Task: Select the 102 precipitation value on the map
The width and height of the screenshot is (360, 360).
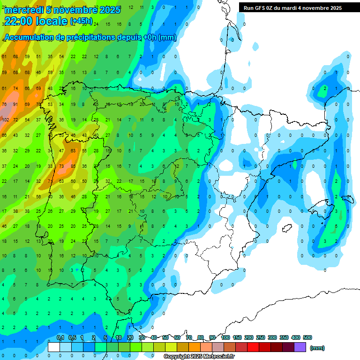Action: coord(5,120)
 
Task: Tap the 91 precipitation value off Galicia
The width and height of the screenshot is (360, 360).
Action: coord(15,105)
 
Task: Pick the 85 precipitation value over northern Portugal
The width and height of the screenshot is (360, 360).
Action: coord(73,166)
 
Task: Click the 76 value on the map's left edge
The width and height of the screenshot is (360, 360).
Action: coord(4,105)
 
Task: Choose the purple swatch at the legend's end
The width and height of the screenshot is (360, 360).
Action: coord(300,347)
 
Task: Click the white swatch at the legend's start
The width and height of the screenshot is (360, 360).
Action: coord(54,347)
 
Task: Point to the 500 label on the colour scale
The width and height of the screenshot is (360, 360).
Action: coord(307,338)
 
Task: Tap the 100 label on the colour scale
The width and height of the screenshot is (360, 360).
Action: coord(225,338)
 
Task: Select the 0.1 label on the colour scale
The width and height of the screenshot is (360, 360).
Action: coord(60,338)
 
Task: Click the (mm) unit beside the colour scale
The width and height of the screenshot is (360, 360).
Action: coord(317,348)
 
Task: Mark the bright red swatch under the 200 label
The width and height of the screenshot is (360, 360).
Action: coord(253,347)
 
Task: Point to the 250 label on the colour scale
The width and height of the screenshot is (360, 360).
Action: coord(261,338)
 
